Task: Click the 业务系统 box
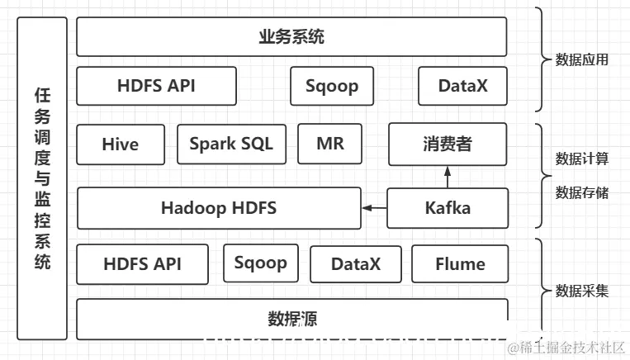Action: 291,37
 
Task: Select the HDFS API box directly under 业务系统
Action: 156,86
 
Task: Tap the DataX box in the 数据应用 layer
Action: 462,86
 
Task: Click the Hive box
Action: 121,144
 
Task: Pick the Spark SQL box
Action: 230,144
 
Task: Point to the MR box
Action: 329,144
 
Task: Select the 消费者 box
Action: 447,144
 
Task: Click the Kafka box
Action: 447,208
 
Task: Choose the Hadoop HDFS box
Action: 219,208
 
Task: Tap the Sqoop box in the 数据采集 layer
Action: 260,263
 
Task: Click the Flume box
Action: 460,264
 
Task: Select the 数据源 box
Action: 291,319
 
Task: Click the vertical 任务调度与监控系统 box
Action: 42,178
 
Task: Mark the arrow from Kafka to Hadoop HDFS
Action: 375,208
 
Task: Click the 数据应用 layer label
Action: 582,59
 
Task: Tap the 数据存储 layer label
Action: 582,192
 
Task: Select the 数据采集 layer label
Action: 582,291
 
